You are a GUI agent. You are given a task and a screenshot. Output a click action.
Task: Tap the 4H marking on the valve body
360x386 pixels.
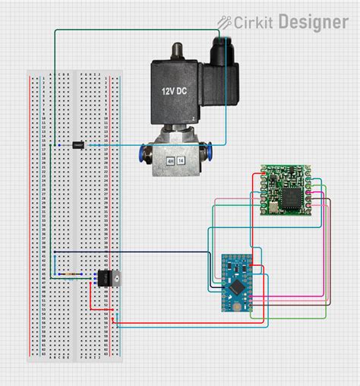(x=171, y=161)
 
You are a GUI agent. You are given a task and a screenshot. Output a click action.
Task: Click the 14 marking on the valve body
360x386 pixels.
(x=182, y=161)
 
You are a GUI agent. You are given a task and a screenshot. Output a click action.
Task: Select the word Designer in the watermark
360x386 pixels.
(x=314, y=22)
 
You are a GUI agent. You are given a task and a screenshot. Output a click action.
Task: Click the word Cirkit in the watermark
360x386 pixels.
(x=254, y=22)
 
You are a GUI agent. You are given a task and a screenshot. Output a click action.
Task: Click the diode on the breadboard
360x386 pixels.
(x=77, y=144)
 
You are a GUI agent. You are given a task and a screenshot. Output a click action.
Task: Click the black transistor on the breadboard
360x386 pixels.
(x=102, y=278)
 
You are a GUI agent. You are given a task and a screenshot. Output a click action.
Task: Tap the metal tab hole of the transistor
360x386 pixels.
(x=117, y=278)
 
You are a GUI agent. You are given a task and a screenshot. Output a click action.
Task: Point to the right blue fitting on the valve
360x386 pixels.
(x=210, y=157)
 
